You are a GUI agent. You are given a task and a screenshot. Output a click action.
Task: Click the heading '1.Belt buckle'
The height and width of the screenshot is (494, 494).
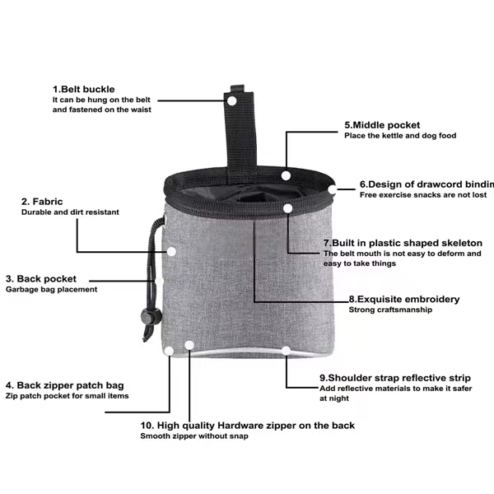click(83, 89)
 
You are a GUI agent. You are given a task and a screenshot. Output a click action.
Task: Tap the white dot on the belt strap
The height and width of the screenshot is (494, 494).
click(232, 101)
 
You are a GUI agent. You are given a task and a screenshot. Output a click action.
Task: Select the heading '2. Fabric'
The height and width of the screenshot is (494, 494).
click(42, 202)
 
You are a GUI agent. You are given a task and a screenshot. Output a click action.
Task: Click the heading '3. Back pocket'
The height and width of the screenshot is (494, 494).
click(41, 279)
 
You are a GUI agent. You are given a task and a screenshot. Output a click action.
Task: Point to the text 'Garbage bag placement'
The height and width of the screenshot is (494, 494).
click(51, 289)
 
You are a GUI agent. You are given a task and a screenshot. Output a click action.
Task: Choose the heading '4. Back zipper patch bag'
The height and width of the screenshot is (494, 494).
click(64, 385)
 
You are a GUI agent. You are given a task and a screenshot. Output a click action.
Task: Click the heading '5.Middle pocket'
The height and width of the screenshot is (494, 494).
click(382, 125)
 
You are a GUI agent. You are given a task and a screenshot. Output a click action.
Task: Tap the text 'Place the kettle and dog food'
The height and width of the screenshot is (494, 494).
click(400, 136)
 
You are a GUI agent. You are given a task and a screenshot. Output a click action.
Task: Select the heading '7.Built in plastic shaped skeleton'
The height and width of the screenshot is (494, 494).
click(403, 243)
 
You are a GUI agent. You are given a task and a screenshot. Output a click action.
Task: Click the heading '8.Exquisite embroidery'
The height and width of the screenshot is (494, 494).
click(404, 299)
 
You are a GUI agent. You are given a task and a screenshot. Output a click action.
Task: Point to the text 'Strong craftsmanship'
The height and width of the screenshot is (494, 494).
click(390, 310)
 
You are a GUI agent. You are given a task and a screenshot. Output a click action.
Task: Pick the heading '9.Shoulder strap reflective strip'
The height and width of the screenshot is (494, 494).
click(395, 378)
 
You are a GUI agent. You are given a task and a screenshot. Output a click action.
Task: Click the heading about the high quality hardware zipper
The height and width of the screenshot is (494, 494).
click(248, 426)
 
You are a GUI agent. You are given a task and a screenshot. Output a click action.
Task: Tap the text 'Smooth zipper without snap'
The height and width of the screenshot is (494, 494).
click(194, 436)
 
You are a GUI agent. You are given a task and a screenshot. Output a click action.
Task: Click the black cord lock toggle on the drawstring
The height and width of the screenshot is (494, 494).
click(151, 317)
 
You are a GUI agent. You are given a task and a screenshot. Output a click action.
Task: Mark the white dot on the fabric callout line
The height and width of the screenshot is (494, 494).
click(171, 252)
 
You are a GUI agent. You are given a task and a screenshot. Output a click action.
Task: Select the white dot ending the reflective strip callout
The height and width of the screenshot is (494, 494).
click(286, 351)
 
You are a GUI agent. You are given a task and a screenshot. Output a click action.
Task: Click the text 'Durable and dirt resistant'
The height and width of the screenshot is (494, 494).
click(70, 212)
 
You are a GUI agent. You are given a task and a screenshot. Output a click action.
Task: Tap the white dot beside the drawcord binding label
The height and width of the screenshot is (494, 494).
click(333, 189)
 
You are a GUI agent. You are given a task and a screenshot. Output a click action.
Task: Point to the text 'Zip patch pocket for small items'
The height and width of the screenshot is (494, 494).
click(68, 396)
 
